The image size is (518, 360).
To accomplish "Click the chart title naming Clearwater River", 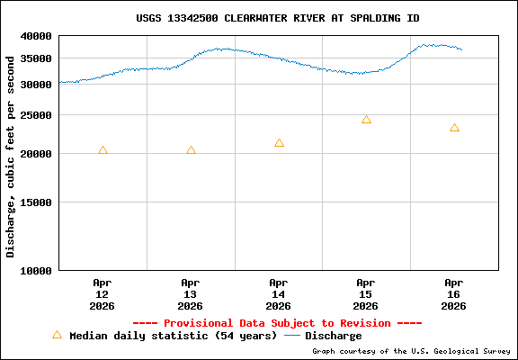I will pyautogui.click(x=277, y=18).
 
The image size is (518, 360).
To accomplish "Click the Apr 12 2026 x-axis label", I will pyautogui.click(x=103, y=293).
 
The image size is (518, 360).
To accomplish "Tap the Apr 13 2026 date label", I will pyautogui.click(x=191, y=293).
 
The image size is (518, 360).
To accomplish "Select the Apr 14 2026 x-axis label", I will pyautogui.click(x=279, y=293).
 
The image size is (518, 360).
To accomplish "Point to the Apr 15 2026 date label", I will pyautogui.click(x=366, y=293).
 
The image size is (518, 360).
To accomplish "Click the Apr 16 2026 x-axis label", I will pyautogui.click(x=454, y=293).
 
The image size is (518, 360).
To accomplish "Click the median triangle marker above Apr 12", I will pyautogui.click(x=103, y=150).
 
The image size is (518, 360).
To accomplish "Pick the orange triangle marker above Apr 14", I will pyautogui.click(x=279, y=143).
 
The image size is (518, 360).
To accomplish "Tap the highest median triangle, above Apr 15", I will pyautogui.click(x=366, y=120).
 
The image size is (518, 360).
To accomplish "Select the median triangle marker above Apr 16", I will pyautogui.click(x=454, y=128).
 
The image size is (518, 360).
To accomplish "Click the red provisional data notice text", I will pyautogui.click(x=277, y=323).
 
